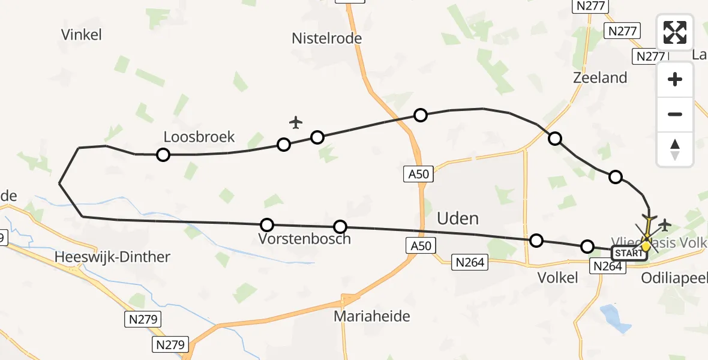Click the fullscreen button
click(675, 32)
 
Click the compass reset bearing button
click(675, 149)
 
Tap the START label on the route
click(629, 253)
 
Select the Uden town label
click(458, 218)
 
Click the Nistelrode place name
click(326, 38)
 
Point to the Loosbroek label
click(199, 136)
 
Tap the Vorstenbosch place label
click(304, 239)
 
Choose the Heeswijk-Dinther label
click(112, 257)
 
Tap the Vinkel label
click(81, 35)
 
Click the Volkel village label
click(558, 277)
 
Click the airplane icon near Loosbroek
click(295, 122)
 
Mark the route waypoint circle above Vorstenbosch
click(267, 225)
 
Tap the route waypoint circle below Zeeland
click(555, 139)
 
